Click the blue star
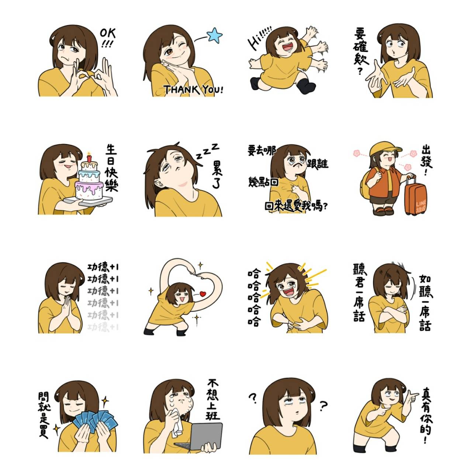tap(215, 35)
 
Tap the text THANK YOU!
tap(193, 89)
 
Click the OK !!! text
tap(108, 38)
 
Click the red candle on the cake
tap(89, 158)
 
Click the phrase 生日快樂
tap(111, 168)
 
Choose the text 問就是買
tap(44, 414)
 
